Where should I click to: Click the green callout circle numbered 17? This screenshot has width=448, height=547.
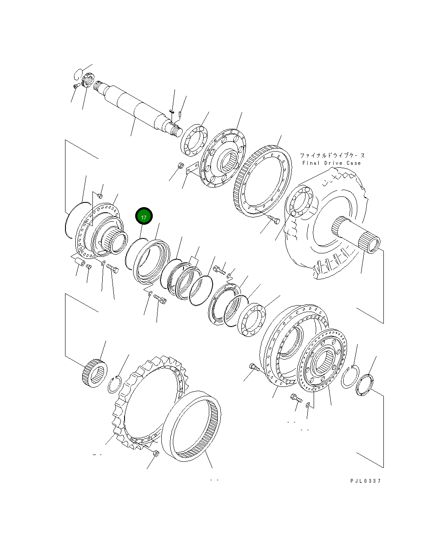[x=144, y=217]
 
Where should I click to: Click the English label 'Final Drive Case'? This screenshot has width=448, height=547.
[x=331, y=163]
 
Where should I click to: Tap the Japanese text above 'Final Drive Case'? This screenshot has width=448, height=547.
[x=332, y=155]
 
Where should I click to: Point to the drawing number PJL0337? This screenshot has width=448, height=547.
[x=365, y=481]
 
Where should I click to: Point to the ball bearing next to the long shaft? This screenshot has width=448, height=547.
[x=193, y=139]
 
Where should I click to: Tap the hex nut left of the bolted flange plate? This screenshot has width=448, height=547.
[x=180, y=166]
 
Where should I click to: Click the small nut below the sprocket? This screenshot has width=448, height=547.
[x=156, y=453]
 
